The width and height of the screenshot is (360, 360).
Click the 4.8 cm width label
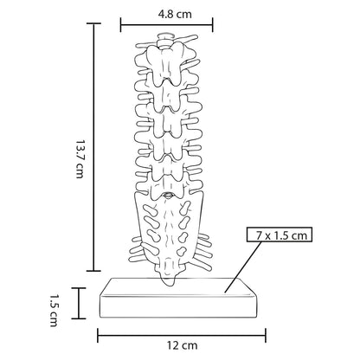pyautogui.click(x=175, y=14)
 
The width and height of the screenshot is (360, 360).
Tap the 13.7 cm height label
pyautogui.click(x=80, y=159)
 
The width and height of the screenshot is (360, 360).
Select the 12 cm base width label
pyautogui.click(x=182, y=345)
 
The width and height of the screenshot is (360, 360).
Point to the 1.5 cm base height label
pyautogui.click(x=54, y=311)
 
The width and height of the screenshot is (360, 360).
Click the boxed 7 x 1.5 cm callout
pyautogui.click(x=280, y=235)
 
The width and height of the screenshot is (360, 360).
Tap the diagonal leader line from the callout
pyautogui.click(x=244, y=267)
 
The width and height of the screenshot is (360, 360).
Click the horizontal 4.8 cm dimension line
pyautogui.click(x=167, y=25)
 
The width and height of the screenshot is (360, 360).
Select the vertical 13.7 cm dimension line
pyautogui.click(x=93, y=147)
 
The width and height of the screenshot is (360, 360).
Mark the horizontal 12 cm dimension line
pyautogui.click(x=182, y=336)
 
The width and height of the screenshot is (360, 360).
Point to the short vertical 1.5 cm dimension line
pyautogui.click(x=79, y=303)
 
